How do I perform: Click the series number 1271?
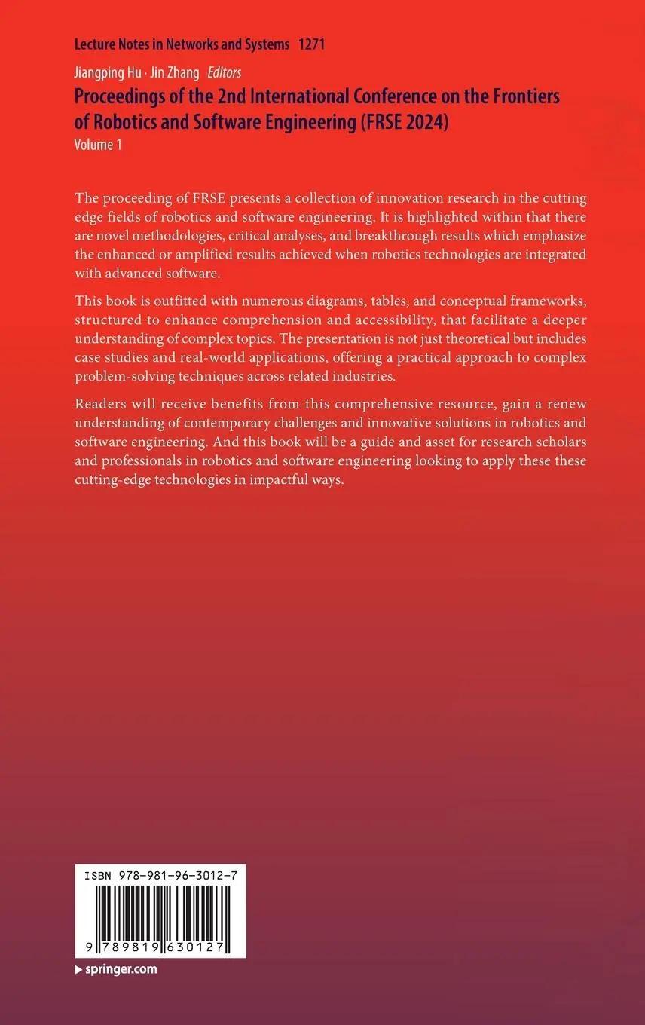coord(311,44)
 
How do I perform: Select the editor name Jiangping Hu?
coord(104,72)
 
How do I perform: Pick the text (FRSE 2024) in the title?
coord(403,122)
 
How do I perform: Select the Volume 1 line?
coord(98,145)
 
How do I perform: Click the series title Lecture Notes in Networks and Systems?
coord(182,44)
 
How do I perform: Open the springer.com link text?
coord(120,969)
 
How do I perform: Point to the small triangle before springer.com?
coord(78,970)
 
